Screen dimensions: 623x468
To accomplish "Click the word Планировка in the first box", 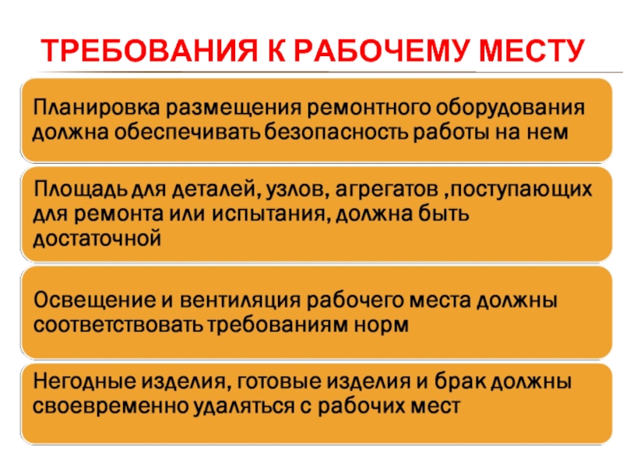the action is click(97, 108).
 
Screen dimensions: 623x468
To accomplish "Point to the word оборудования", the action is click(510, 108).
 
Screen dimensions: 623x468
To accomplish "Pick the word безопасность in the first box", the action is click(336, 132).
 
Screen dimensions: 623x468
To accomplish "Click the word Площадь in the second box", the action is click(80, 190).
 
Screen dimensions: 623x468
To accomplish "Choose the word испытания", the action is click(270, 214).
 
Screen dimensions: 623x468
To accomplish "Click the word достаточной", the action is click(97, 239).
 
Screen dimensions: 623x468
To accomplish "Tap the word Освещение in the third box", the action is click(94, 300).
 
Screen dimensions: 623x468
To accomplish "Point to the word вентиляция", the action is click(240, 300).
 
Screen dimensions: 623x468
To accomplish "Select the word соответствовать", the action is click(118, 325).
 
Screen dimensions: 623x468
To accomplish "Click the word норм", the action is click(381, 325).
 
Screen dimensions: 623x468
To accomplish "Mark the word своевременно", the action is click(110, 406).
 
